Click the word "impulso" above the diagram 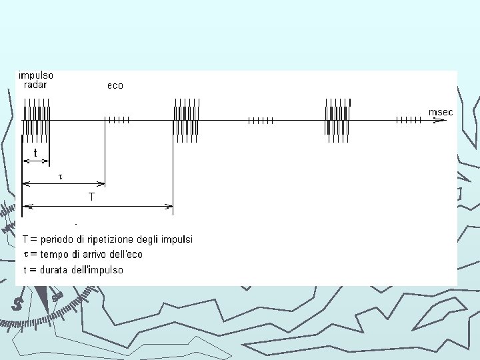[x=36, y=76]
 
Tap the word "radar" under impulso [x=35, y=85]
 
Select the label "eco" [x=115, y=85]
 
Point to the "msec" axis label [x=441, y=112]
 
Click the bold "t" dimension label [x=35, y=153]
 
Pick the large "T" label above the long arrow [x=91, y=197]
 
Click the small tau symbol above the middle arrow [x=61, y=177]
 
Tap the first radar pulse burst [x=36, y=120]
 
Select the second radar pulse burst [x=186, y=120]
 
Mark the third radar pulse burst [x=337, y=120]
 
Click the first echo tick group [x=117, y=120]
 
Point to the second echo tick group [x=261, y=120]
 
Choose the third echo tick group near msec [x=408, y=120]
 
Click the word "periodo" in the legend [x=56, y=239]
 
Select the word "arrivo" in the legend [x=92, y=254]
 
